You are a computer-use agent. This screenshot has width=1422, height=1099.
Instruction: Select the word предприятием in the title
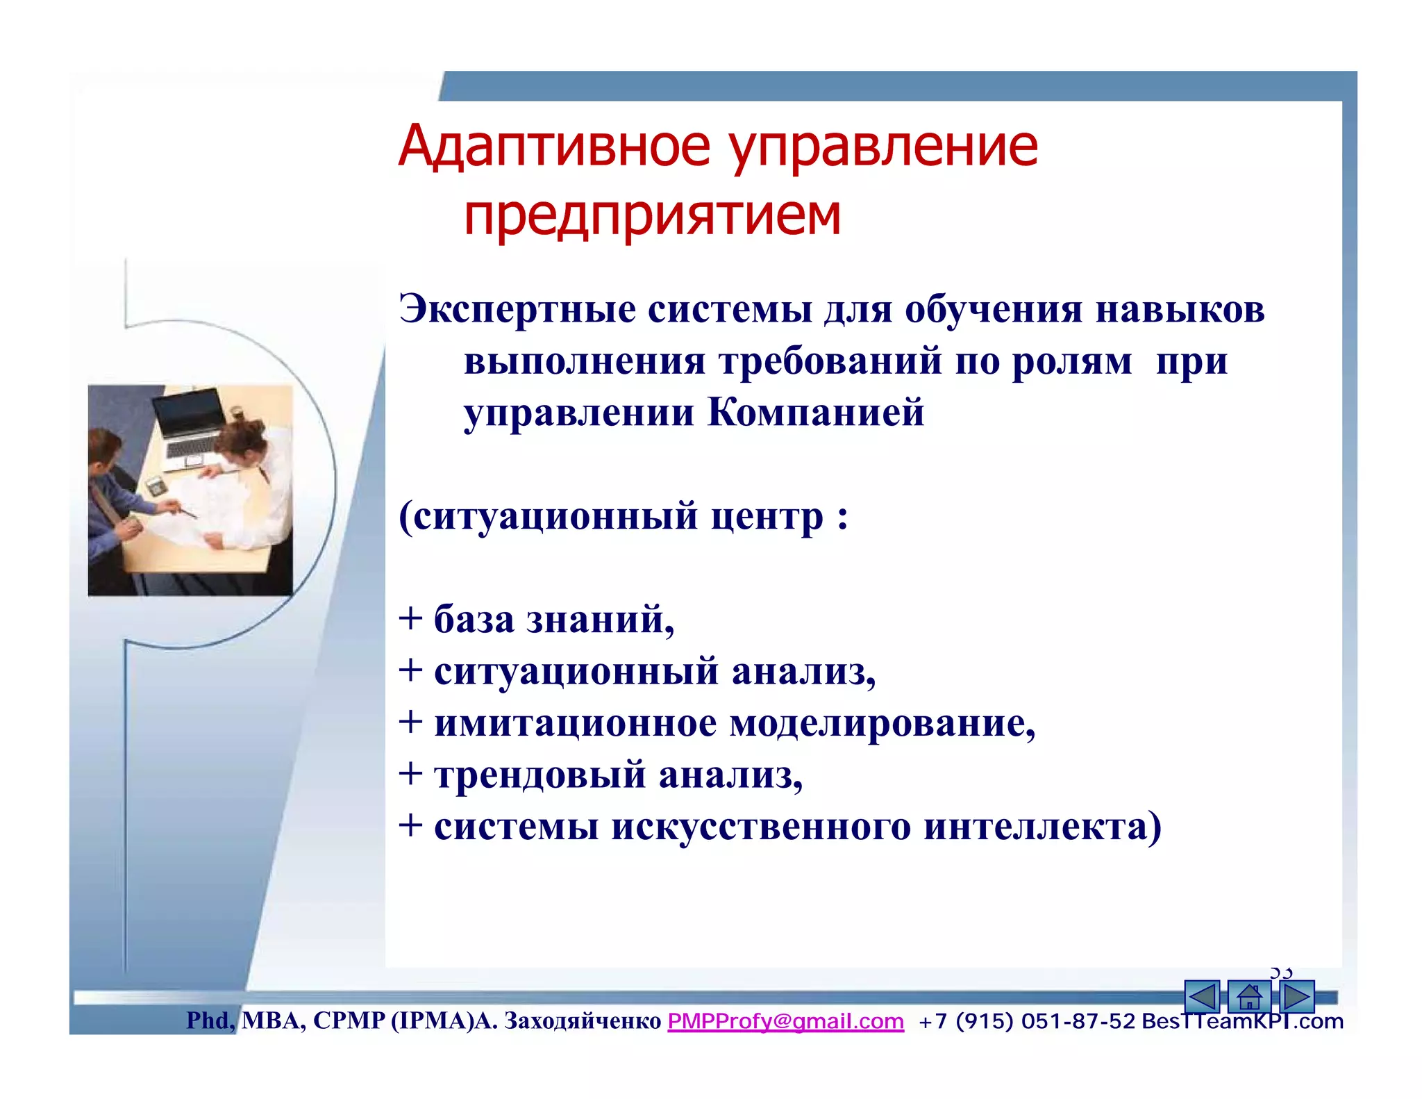click(x=652, y=215)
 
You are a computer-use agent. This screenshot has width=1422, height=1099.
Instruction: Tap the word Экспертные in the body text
click(x=517, y=309)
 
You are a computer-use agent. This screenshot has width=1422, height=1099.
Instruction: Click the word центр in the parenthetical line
click(x=767, y=517)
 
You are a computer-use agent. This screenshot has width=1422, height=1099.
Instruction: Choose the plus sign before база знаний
click(x=411, y=618)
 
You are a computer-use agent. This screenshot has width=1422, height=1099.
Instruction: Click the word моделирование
click(x=882, y=724)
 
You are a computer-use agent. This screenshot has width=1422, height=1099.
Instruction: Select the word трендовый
click(x=539, y=775)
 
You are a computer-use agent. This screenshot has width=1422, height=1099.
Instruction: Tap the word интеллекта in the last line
click(x=1042, y=827)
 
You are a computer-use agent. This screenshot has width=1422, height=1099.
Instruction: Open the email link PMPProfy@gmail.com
click(x=785, y=1021)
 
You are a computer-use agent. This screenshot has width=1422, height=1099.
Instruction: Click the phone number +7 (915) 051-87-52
click(x=1027, y=1021)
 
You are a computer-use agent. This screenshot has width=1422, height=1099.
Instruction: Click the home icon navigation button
click(x=1248, y=998)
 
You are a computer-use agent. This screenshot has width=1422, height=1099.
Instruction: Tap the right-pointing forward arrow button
click(x=1296, y=998)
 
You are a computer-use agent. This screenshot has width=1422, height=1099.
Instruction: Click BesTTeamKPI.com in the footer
click(x=1242, y=1022)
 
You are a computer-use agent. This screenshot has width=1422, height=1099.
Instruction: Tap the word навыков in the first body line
click(x=1180, y=309)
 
